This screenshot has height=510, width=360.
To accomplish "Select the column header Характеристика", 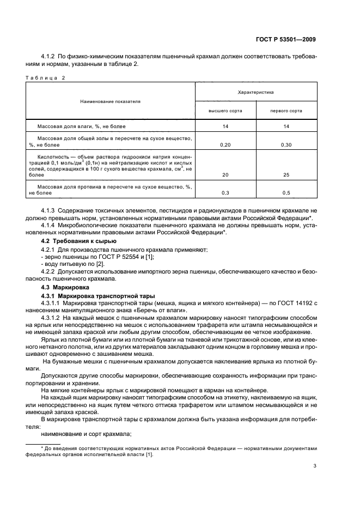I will pos(256,93).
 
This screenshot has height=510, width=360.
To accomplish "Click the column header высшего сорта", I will pos(225,111).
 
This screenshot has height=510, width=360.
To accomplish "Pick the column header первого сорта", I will pos(286,111).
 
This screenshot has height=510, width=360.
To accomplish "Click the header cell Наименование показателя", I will pos(110,101).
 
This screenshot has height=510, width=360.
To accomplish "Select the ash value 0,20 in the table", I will pos(225,145).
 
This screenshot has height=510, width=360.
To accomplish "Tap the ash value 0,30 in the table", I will pos(286,145).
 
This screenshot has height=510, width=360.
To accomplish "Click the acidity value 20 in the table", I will pos(225,175).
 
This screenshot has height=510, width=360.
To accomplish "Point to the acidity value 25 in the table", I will pos(286,175).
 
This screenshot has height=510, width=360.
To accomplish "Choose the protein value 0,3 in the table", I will pos(225,193).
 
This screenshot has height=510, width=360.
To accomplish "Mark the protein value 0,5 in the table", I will pos(286,193).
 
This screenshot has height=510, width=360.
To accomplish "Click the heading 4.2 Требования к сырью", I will pos(78,241).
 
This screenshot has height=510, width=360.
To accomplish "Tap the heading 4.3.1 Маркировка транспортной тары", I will pos(98,295).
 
